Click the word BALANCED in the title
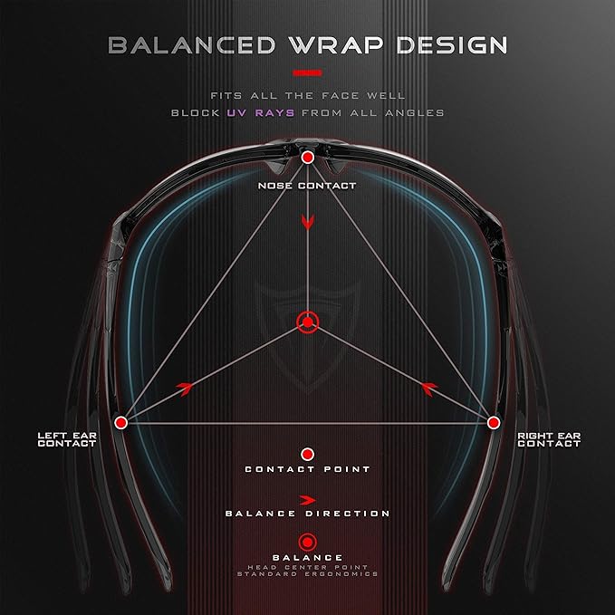click(192, 45)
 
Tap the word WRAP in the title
click(336, 45)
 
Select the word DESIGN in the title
click(452, 45)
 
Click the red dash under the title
click(308, 72)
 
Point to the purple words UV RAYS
click(261, 113)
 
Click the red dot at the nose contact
click(308, 158)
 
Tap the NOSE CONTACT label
click(307, 186)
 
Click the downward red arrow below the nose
click(308, 222)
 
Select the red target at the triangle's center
click(308, 322)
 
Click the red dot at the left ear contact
click(120, 423)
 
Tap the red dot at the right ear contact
click(494, 423)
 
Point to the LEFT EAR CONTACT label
click(67, 439)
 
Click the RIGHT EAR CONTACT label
click(549, 439)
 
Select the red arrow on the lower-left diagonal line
click(185, 389)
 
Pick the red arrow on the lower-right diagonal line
click(429, 389)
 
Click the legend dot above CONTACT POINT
click(308, 455)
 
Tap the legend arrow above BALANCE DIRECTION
click(308, 500)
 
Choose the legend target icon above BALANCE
click(308, 543)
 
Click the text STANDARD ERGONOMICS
click(308, 574)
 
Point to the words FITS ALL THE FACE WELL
click(308, 96)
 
